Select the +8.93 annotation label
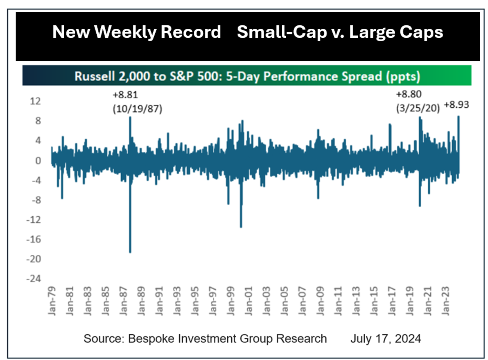click(456, 105)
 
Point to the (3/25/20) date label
click(417, 109)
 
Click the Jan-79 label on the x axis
click(52, 301)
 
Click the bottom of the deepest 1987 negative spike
click(130, 252)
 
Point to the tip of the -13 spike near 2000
click(241, 227)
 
